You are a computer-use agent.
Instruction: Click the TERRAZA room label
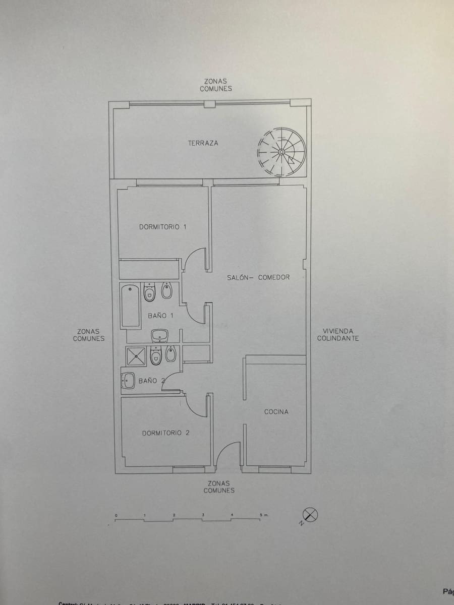[x=203, y=143]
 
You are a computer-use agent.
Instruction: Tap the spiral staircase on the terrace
[x=281, y=152]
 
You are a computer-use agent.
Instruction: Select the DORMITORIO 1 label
[x=162, y=227]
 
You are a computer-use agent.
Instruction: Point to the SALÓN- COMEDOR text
[x=258, y=277]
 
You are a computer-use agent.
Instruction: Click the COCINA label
[x=276, y=412]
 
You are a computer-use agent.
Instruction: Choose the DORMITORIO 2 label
[x=165, y=433]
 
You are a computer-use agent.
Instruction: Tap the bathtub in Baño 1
[x=130, y=306]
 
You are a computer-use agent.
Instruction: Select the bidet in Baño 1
[x=166, y=291]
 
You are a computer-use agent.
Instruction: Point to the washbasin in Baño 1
[x=160, y=335]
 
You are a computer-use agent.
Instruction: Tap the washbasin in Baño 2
[x=128, y=381]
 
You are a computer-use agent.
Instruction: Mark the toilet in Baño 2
[x=156, y=355]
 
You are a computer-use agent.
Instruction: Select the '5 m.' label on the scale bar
[x=264, y=515]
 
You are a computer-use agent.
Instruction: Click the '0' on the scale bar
[x=116, y=515]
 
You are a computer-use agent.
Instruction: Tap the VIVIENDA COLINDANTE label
[x=338, y=335]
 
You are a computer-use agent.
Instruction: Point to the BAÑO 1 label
[x=160, y=316]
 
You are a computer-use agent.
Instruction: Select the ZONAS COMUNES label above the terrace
[x=215, y=85]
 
